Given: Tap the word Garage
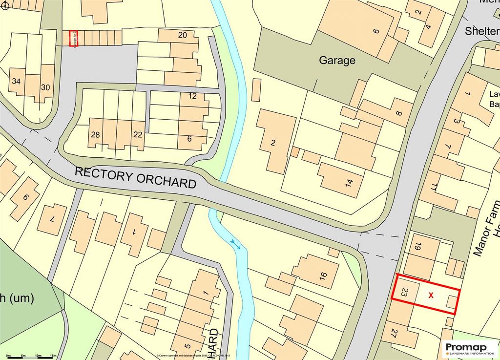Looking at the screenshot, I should click(337, 61).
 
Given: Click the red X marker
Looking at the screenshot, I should click(431, 295).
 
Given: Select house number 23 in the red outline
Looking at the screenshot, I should click(404, 293).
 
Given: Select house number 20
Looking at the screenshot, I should click(182, 35).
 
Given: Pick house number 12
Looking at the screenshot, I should click(192, 96).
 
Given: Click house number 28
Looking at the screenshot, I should click(95, 135).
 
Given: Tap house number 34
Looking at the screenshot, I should click(16, 81).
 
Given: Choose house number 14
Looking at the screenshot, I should click(349, 183).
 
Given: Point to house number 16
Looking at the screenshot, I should click(323, 275).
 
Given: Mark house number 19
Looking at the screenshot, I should click(417, 247).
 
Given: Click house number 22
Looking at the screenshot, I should click(138, 135).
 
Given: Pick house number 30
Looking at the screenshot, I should click(45, 87).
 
